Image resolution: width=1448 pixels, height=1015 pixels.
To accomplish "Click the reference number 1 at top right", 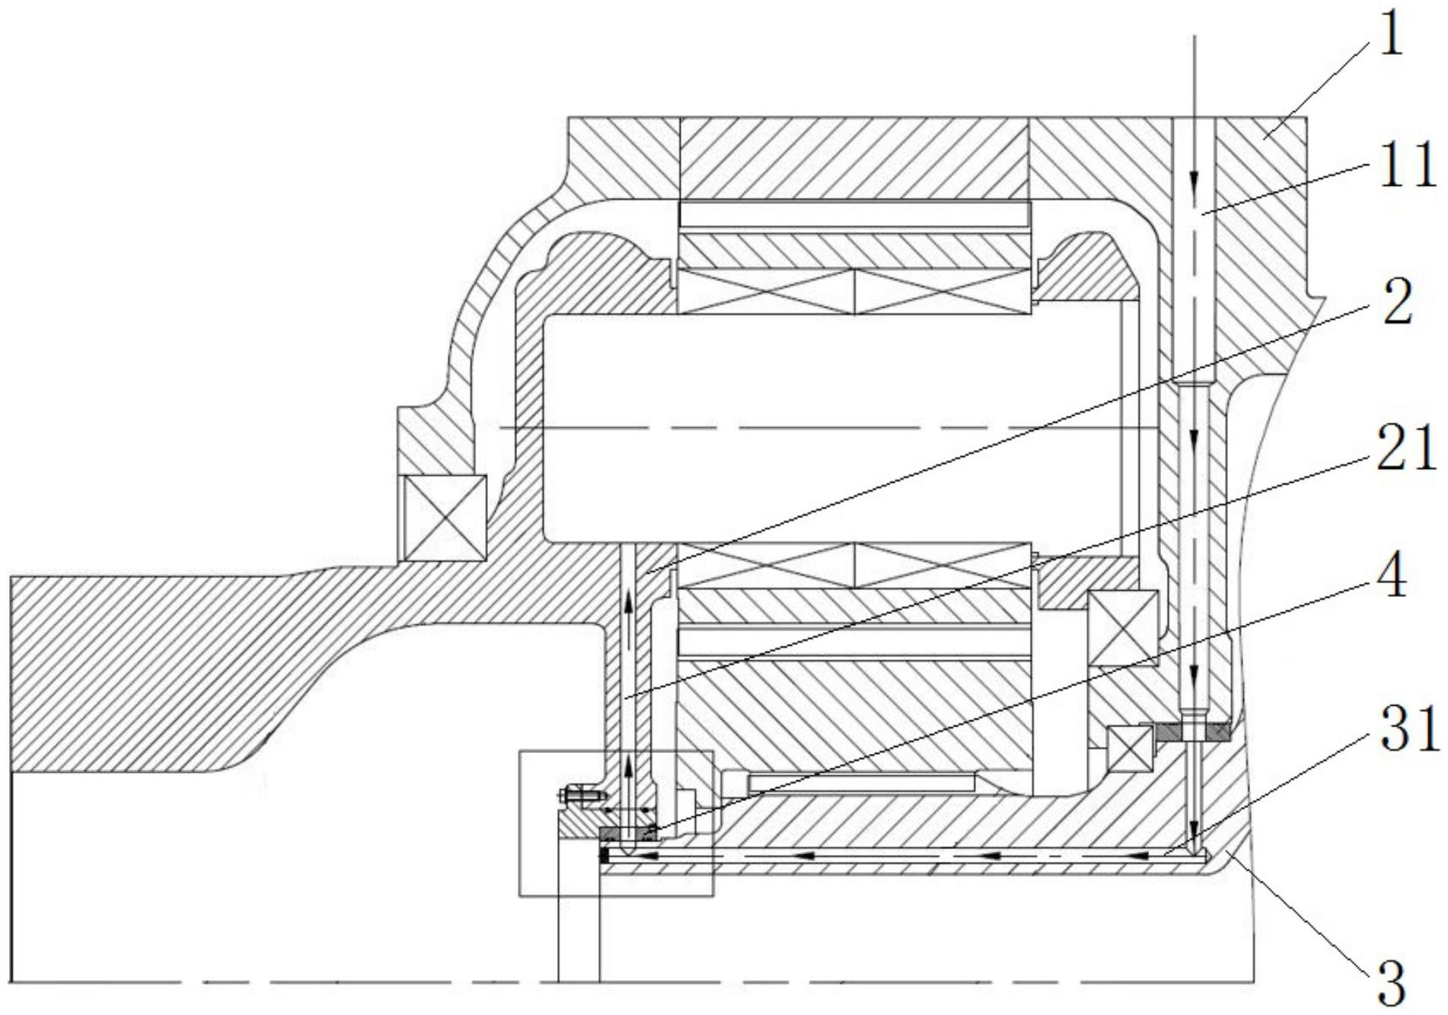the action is click(1390, 39).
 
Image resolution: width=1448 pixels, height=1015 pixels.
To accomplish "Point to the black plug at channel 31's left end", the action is click(604, 857).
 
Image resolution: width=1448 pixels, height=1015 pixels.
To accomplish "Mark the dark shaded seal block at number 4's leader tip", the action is click(627, 835).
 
